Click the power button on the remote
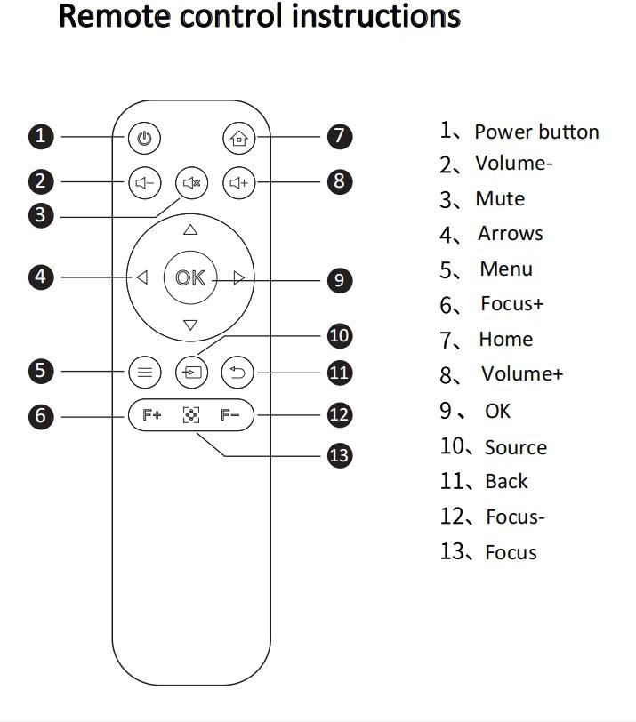coord(145,138)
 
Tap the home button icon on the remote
coord(237,138)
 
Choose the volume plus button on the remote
coord(237,183)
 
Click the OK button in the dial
coord(189,278)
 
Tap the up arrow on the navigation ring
coord(190,230)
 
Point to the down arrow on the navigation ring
coord(190,325)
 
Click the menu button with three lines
coord(145,373)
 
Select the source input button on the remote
coord(191,373)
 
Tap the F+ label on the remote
coord(152,415)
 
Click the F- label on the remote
coord(230,415)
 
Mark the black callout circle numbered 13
coord(339,455)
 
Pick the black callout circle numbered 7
coord(339,136)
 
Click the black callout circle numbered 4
coord(41,277)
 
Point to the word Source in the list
coord(515,447)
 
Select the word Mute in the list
coord(500,198)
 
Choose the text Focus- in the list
coord(515,517)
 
